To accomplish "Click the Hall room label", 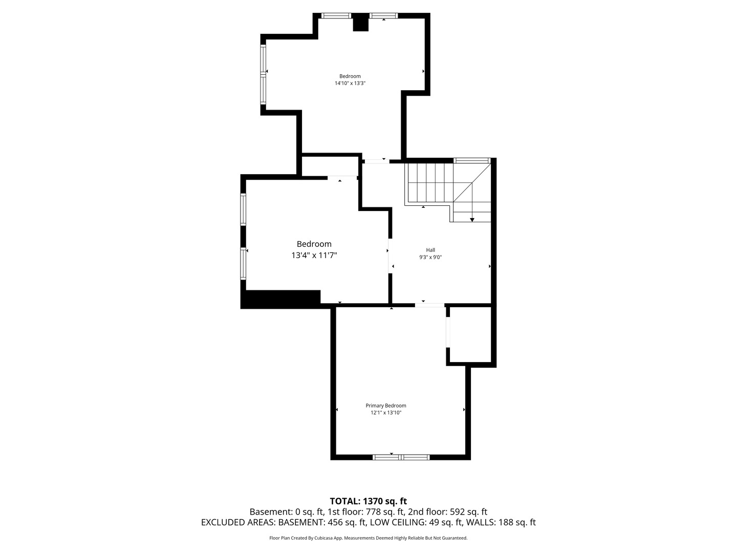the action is point(430,250).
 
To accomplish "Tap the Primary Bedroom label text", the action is point(386,406).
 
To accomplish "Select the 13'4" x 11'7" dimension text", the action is point(314,256).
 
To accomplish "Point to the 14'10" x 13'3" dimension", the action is point(350,83).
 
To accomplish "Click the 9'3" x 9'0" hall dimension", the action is point(430,258).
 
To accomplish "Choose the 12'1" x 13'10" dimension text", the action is point(386,413).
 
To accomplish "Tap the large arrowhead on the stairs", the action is point(472,220).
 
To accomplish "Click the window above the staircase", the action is point(471,160).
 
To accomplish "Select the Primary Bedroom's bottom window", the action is point(401,457).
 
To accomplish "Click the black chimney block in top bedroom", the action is point(361,22).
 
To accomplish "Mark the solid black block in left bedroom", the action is point(280,299).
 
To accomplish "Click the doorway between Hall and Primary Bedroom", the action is point(430,305).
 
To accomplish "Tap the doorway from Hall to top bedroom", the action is point(377,161).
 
